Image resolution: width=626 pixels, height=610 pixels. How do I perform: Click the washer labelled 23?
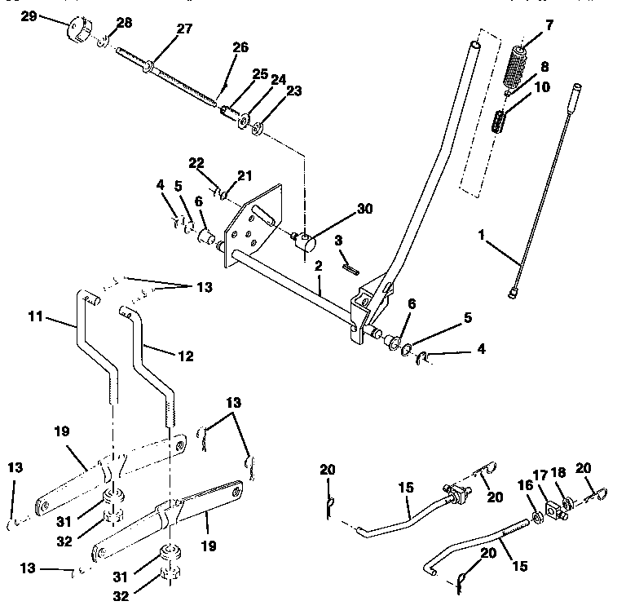[x=258, y=127]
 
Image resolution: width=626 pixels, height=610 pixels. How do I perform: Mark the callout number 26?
[x=240, y=48]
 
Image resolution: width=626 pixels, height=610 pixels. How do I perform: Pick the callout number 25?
[x=260, y=74]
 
